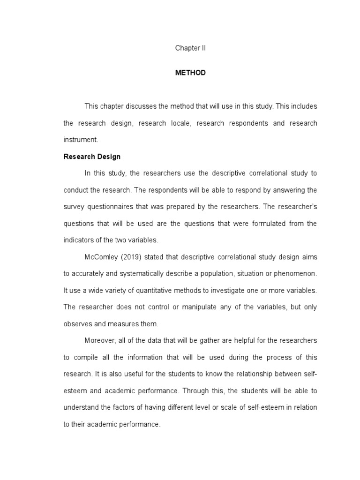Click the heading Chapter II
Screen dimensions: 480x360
[190, 48]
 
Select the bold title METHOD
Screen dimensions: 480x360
[190, 73]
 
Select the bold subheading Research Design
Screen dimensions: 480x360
[92, 157]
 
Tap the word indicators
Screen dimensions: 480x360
[79, 240]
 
